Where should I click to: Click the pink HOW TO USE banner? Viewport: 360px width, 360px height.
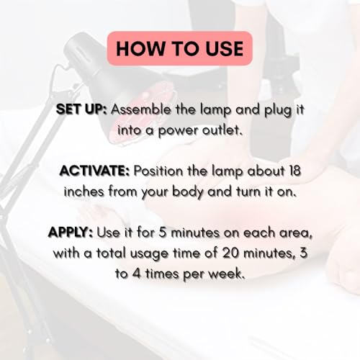pyautogui.click(x=179, y=48)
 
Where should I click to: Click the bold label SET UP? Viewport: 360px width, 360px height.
pyautogui.click(x=81, y=110)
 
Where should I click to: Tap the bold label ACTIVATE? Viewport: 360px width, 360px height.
pyautogui.click(x=94, y=171)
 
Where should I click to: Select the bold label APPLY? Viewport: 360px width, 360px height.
pyautogui.click(x=71, y=233)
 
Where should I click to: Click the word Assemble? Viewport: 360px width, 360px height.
pyautogui.click(x=141, y=109)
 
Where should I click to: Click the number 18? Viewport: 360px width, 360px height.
pyautogui.click(x=294, y=171)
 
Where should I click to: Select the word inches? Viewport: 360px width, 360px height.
pyautogui.click(x=84, y=192)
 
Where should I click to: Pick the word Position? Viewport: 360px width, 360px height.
pyautogui.click(x=158, y=171)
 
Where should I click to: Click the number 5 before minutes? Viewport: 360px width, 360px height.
pyautogui.click(x=163, y=233)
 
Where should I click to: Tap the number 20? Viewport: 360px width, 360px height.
pyautogui.click(x=230, y=253)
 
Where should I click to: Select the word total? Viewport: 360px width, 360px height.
pyautogui.click(x=111, y=253)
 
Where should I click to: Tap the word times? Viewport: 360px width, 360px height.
pyautogui.click(x=163, y=274)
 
